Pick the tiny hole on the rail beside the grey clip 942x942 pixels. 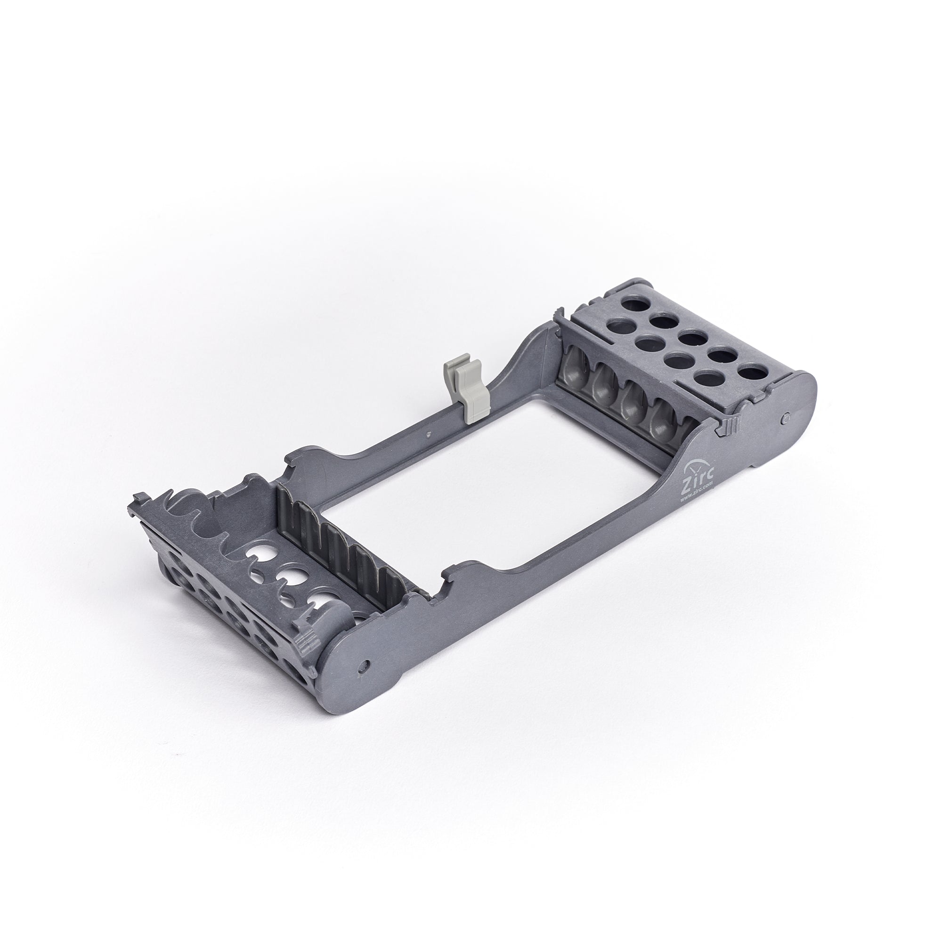click(428, 432)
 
